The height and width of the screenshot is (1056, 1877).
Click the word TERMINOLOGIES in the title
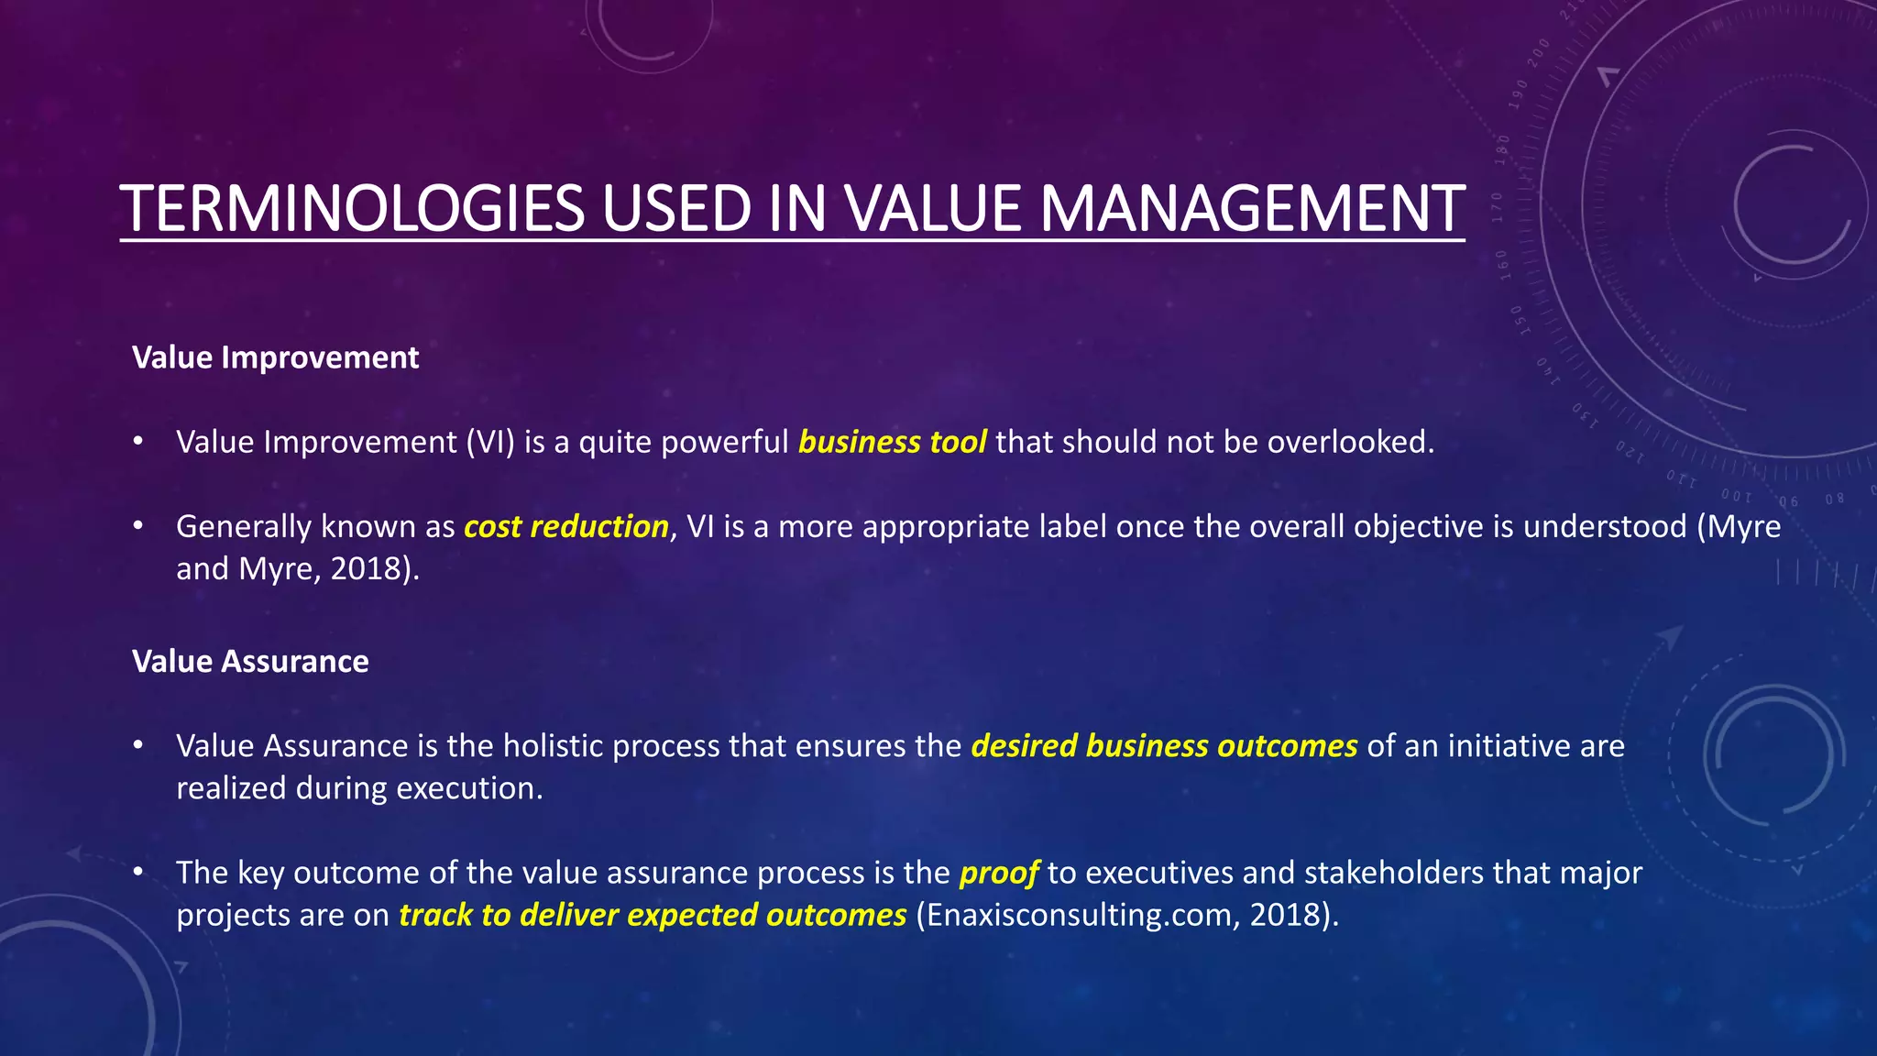coord(352,209)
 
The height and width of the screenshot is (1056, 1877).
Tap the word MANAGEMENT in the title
coord(1252,209)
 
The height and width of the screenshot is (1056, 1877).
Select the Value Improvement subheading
coord(275,357)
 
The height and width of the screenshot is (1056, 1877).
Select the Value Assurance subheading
coord(250,662)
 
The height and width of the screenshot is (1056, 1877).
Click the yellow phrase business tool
coord(892,443)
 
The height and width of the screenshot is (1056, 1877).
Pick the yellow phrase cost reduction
coord(565,527)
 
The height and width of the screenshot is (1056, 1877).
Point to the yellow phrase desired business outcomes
coord(1164,746)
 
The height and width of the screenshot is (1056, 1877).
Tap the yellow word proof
coord(998,873)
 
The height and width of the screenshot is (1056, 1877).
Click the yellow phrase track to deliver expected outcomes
coord(652,915)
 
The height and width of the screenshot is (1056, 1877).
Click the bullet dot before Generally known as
coord(138,526)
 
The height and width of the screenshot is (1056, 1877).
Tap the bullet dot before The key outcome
coord(138,872)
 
